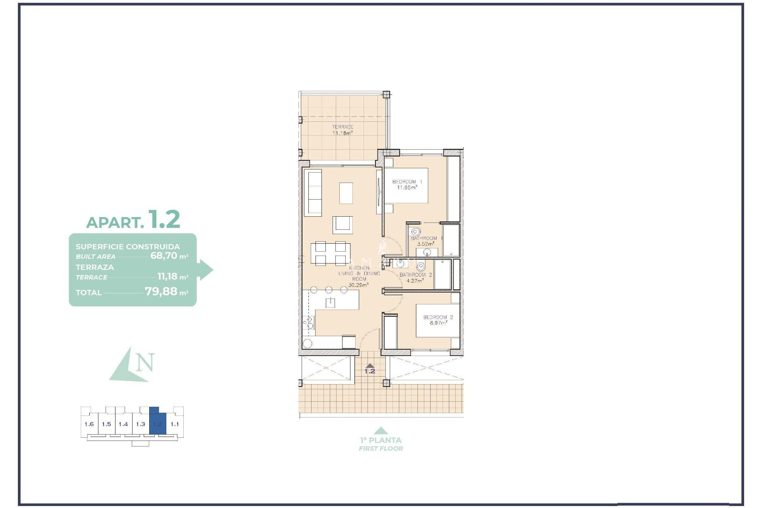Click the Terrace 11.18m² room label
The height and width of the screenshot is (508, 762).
tap(343, 130)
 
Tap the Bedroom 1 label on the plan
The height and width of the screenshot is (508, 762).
tap(407, 185)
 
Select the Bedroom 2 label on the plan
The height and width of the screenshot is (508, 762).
tap(438, 320)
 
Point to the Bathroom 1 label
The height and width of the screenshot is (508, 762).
tap(426, 241)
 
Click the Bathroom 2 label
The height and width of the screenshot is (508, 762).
tap(416, 277)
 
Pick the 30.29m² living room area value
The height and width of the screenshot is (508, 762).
tap(358, 285)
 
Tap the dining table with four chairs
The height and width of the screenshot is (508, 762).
tap(330, 254)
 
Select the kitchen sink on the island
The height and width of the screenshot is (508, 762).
tap(330, 303)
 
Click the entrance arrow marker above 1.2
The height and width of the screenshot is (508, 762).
tap(369, 366)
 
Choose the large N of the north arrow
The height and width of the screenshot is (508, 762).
tap(145, 362)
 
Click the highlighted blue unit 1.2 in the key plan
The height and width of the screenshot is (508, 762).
tap(158, 423)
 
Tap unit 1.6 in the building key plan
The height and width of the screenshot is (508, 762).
tap(89, 424)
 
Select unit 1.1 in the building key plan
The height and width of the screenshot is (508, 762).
tap(175, 424)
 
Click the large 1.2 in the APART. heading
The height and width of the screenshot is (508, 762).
tap(164, 219)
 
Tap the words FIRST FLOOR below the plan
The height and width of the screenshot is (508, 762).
tap(381, 448)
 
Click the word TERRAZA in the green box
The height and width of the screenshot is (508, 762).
tap(94, 267)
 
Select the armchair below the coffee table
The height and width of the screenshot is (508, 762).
tap(343, 224)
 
